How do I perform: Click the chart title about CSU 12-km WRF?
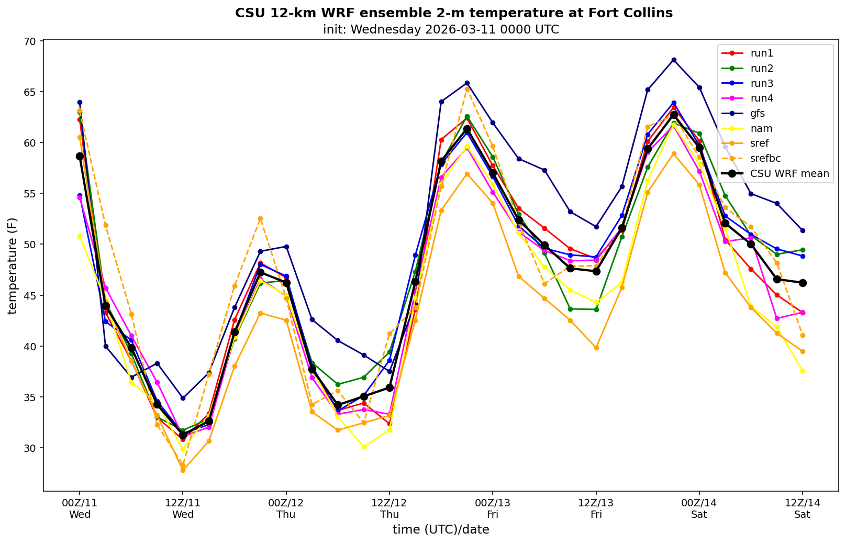(454, 13)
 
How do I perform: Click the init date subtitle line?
(441, 29)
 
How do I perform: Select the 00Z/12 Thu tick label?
(286, 508)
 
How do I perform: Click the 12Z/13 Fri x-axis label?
(596, 508)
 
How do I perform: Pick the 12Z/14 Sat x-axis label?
(802, 508)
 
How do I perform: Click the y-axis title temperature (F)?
(13, 265)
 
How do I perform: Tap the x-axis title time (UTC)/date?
(441, 530)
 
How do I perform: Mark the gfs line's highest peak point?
(674, 60)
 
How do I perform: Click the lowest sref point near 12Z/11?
(183, 470)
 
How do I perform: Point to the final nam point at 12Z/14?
(802, 371)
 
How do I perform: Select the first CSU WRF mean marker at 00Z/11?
(80, 156)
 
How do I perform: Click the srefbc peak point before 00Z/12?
(260, 218)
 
